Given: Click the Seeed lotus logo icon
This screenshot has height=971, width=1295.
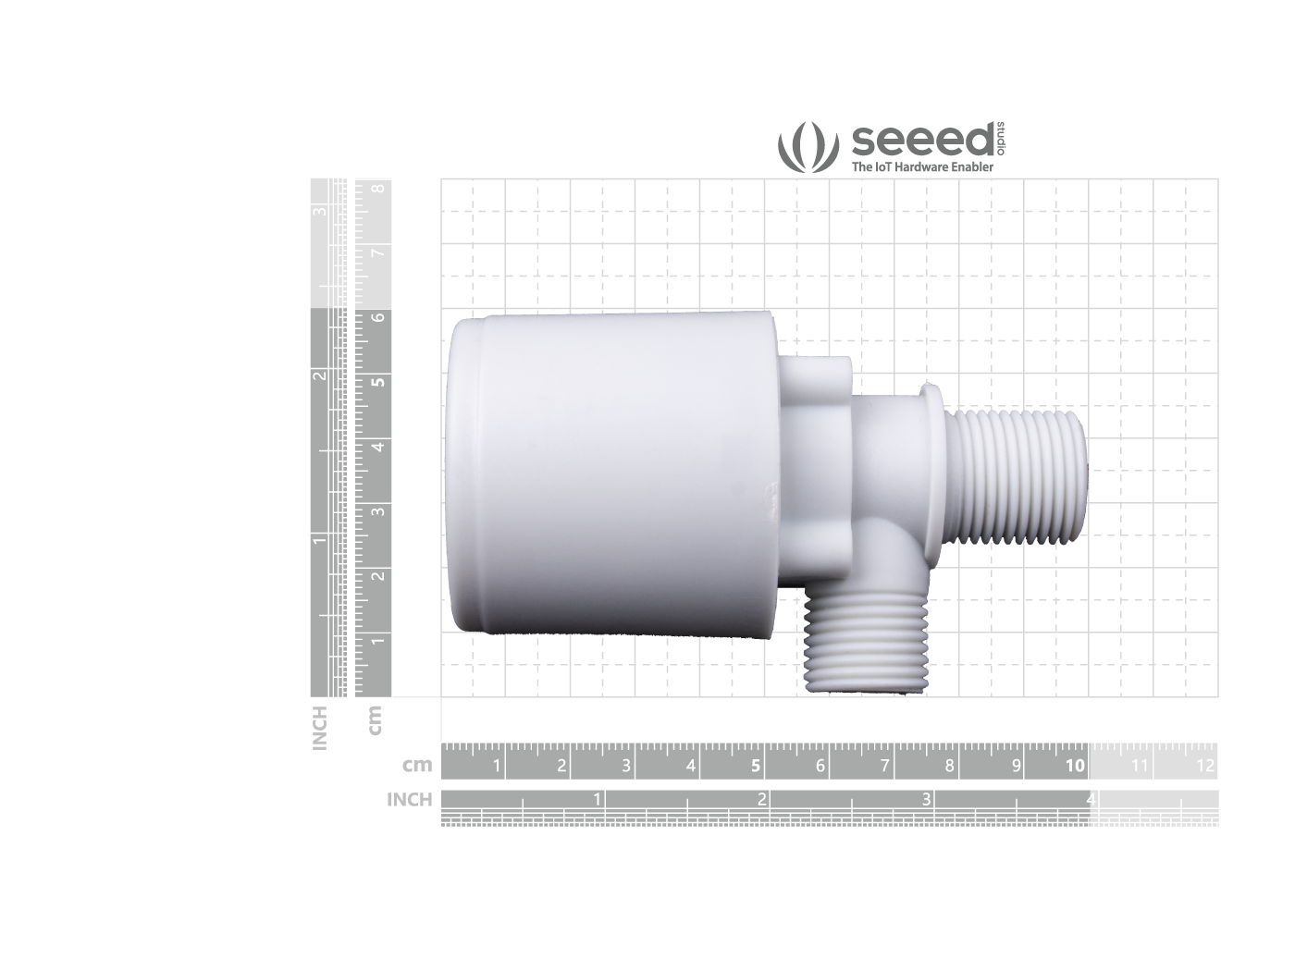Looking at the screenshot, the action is pos(808,147).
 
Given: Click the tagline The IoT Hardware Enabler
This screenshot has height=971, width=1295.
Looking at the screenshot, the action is pos(922,167).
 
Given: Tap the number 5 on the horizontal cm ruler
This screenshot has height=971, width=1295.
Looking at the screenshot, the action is pos(755,766).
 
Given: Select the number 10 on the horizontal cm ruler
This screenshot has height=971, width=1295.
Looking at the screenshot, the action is pos(1075,766).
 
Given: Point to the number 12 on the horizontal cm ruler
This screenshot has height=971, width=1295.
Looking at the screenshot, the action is pos(1204,766).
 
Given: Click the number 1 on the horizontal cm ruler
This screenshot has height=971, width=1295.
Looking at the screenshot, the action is pos(497,766).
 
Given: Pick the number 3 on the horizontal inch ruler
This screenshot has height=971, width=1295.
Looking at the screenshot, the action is pos(926,799).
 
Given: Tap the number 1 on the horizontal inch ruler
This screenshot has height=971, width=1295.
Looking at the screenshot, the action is pos(597,799).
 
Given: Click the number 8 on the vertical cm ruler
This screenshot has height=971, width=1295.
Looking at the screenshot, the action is pos(378,188).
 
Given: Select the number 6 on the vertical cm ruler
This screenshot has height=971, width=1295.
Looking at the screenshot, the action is pos(378,318).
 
